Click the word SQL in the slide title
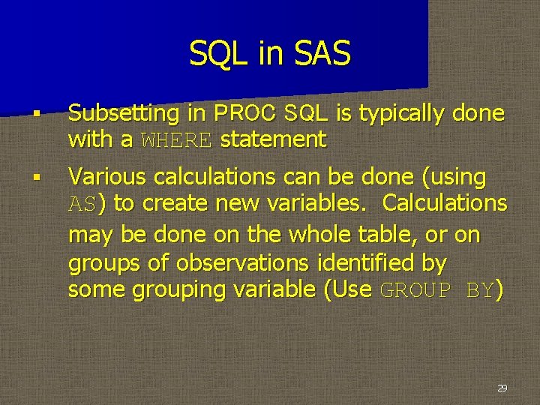pos(216,54)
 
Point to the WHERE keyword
pos(177,139)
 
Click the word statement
pos(273,139)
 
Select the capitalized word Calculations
pos(445,203)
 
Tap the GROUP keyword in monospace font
pos(415,291)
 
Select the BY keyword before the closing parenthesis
pos(479,291)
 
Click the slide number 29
pos(502,388)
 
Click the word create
pos(175,203)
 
